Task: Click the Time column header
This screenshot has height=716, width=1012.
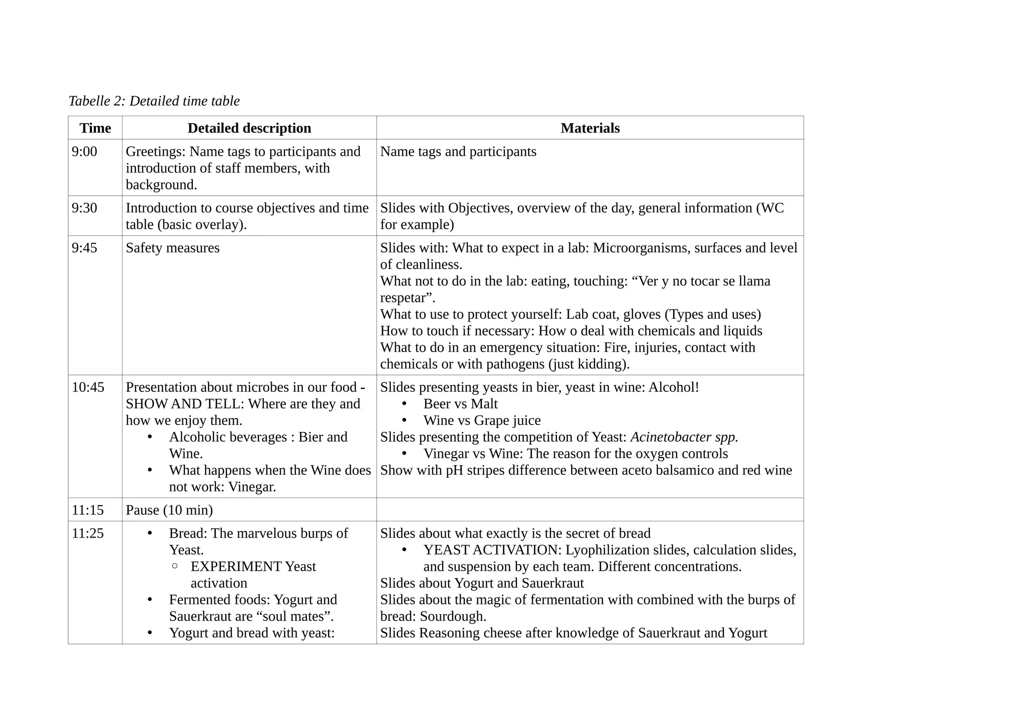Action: click(95, 128)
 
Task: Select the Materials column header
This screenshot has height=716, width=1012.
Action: click(590, 128)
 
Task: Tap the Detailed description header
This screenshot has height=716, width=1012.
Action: click(249, 128)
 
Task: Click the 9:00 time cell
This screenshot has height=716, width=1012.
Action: click(84, 152)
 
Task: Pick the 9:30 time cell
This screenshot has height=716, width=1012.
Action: click(84, 208)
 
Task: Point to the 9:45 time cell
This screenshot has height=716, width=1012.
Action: click(84, 248)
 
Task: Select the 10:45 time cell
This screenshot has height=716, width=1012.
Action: click(88, 387)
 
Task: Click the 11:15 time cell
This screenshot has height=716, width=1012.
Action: click(88, 510)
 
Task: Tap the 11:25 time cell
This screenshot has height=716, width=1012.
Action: click(88, 534)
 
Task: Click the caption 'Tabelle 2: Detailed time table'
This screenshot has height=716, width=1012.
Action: click(154, 101)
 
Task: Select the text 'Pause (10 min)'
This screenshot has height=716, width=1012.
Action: click(169, 510)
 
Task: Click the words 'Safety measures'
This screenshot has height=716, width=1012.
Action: click(172, 248)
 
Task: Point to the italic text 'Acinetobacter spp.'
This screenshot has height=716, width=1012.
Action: click(684, 437)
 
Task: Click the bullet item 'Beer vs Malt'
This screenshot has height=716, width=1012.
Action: click(460, 404)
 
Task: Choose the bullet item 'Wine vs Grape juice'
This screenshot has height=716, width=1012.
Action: click(482, 421)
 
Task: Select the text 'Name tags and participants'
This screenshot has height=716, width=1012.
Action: click(458, 152)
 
